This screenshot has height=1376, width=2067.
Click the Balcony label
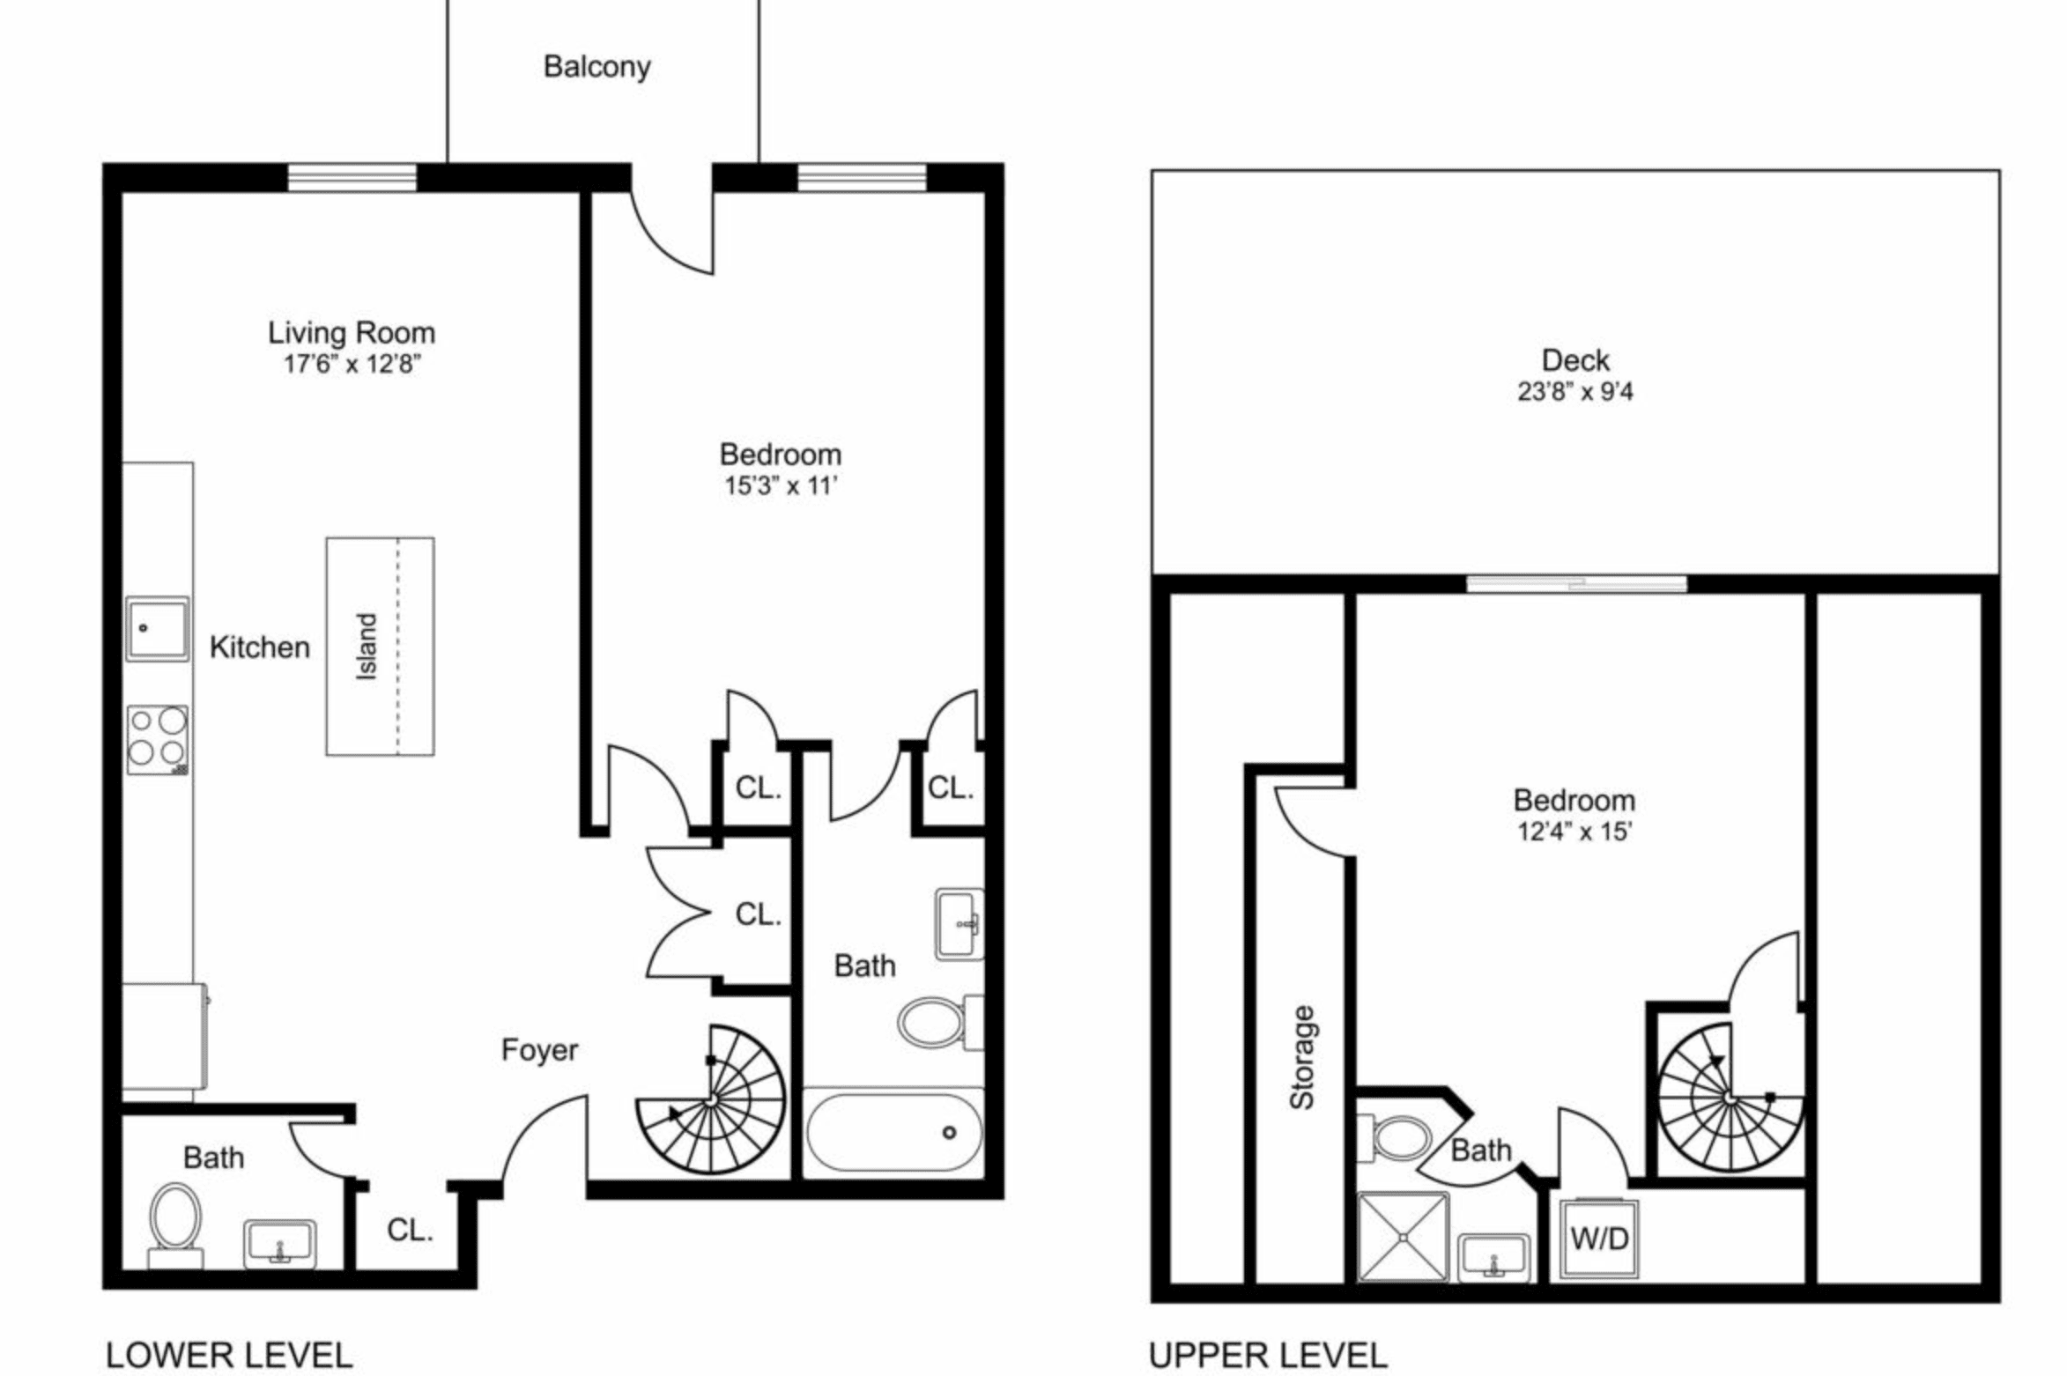[596, 67]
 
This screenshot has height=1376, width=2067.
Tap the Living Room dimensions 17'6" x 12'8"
[352, 364]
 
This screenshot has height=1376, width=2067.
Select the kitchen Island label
[367, 646]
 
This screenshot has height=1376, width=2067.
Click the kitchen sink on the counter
[157, 628]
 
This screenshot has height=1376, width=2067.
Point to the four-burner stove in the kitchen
[158, 739]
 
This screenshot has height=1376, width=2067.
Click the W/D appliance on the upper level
[1599, 1239]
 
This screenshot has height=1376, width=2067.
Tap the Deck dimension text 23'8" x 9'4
[1574, 391]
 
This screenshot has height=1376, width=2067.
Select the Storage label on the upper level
[1301, 1056]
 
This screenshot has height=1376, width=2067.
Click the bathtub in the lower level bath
[893, 1131]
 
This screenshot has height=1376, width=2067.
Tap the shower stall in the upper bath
[1403, 1236]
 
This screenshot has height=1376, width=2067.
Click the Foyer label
[539, 1049]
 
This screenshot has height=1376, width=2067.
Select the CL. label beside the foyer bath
[410, 1229]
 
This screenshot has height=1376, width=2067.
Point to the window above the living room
[352, 177]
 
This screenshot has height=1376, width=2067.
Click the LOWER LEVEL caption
[229, 1354]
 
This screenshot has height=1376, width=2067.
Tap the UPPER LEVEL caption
[1268, 1354]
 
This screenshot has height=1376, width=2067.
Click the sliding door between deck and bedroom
[1576, 583]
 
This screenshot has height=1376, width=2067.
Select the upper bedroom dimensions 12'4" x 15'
[1574, 831]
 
